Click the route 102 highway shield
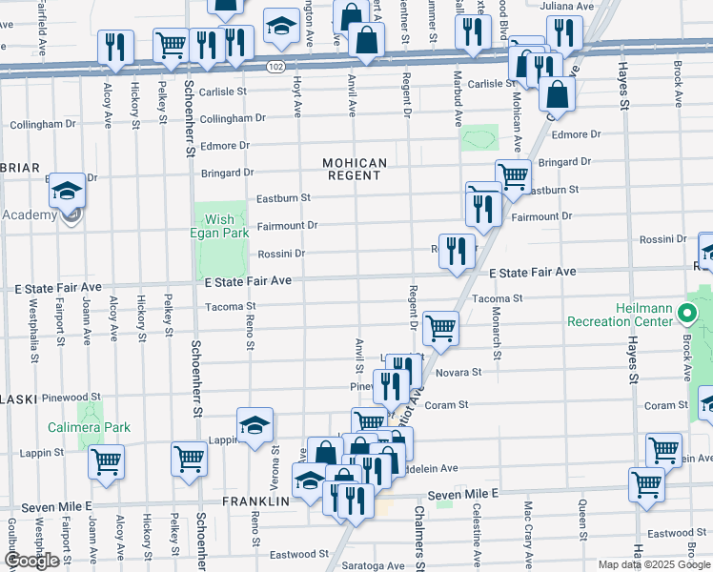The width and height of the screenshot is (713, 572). coord(275,67)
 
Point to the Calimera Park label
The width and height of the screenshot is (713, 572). coord(91,427)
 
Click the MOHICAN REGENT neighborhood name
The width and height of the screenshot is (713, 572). coord(356,170)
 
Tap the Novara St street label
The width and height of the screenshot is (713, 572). coord(454,375)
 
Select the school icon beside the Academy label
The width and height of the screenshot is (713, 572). coord(67,192)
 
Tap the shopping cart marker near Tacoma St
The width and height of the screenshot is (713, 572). coord(440,327)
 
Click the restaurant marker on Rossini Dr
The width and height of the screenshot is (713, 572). coord(457,250)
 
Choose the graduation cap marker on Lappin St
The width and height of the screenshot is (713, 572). coord(255,425)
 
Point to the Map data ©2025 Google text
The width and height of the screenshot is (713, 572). coord(653,564)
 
